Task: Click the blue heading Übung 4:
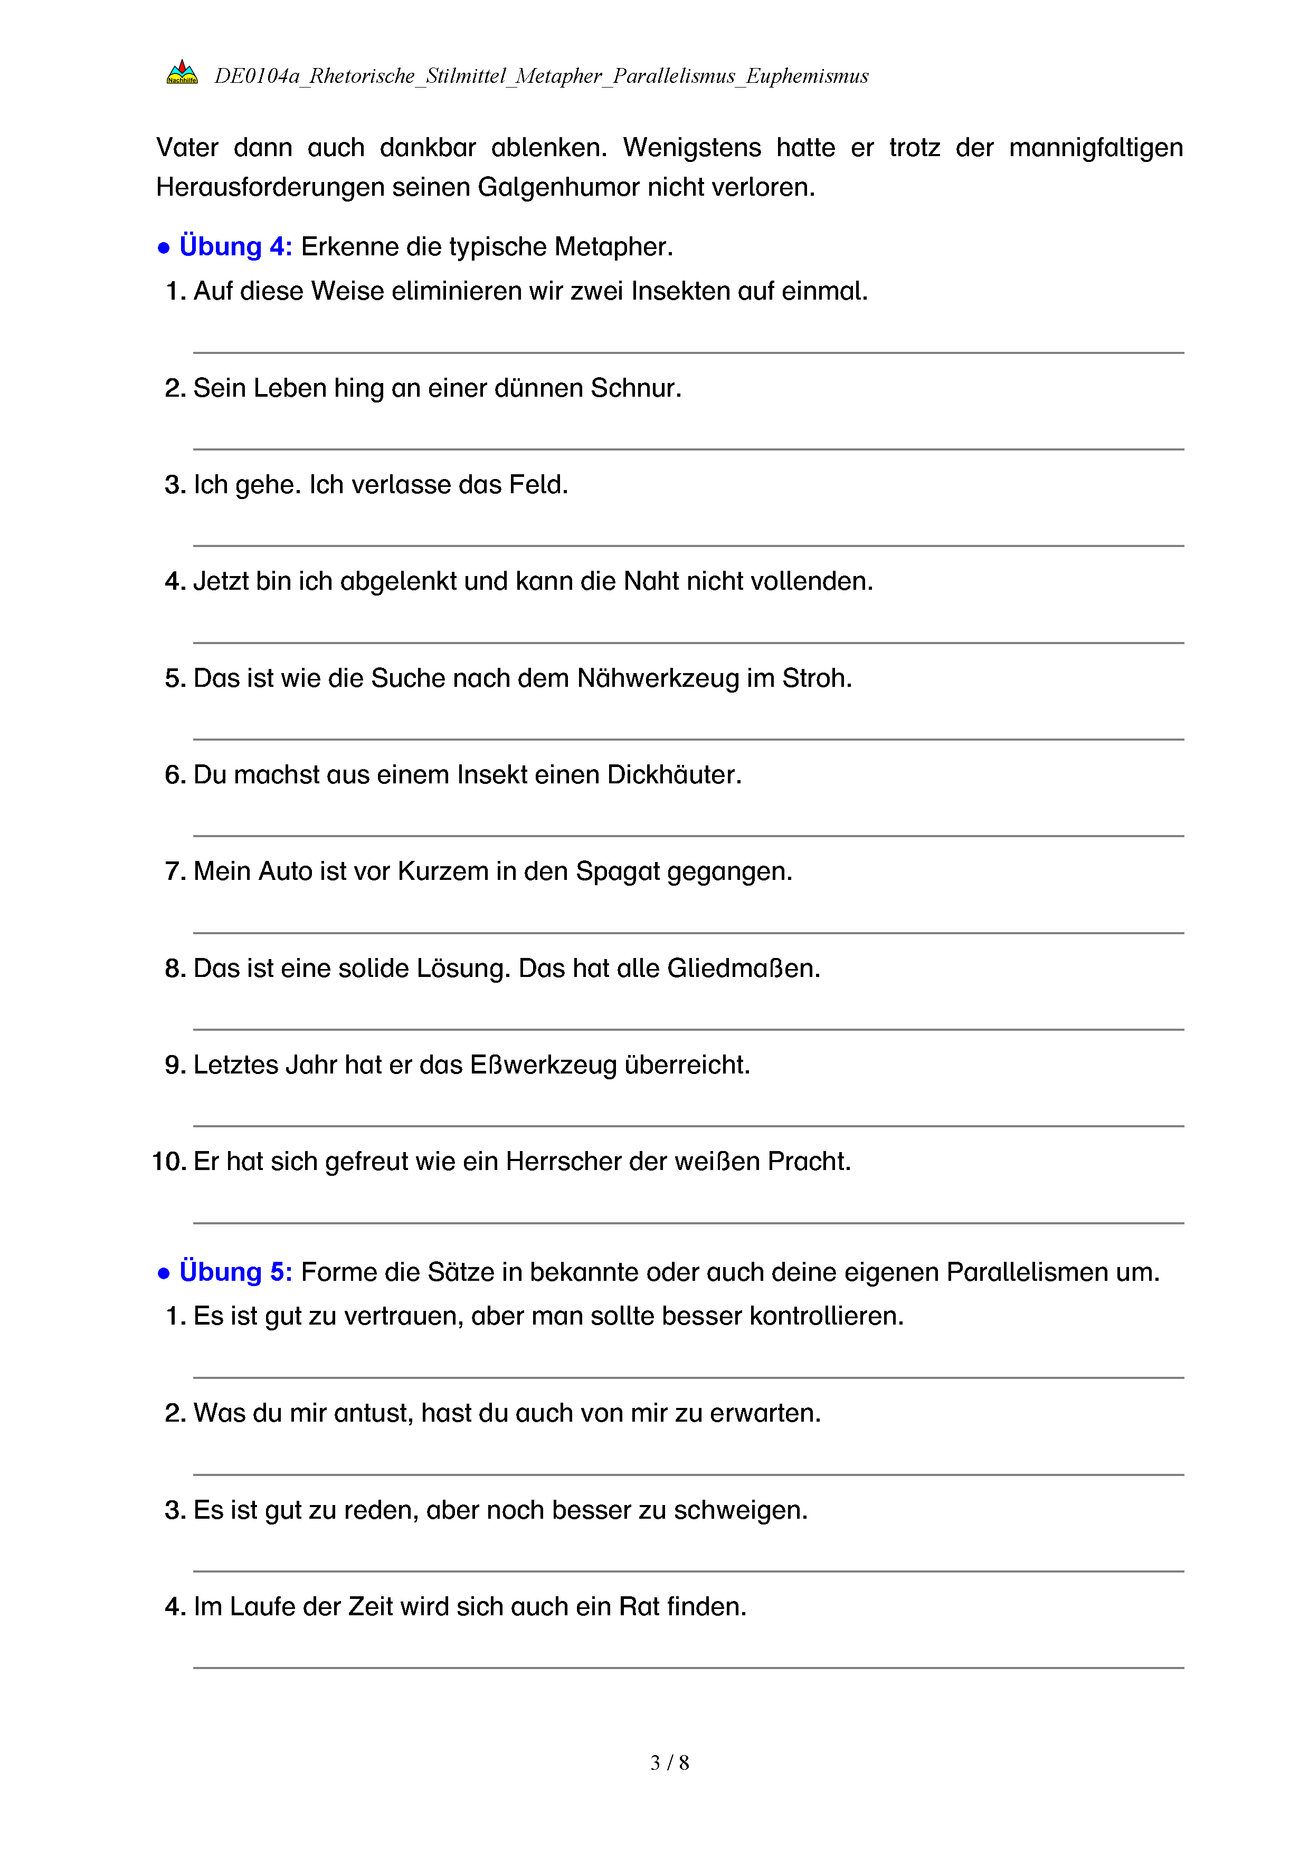click(235, 246)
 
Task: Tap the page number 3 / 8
click(669, 1763)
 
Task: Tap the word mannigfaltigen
click(1095, 148)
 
